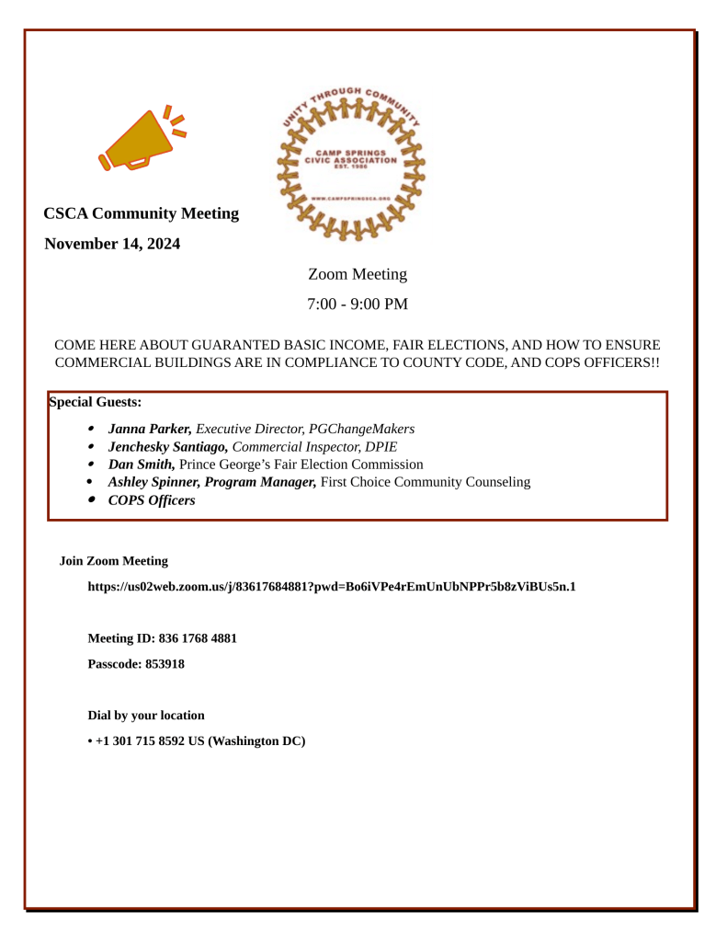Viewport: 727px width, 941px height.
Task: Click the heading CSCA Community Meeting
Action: pyautogui.click(x=142, y=213)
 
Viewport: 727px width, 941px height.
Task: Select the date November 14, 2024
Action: pyautogui.click(x=112, y=244)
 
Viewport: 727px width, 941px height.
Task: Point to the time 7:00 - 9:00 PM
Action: pyautogui.click(x=358, y=304)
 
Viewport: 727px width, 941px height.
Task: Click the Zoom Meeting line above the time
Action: pyautogui.click(x=358, y=274)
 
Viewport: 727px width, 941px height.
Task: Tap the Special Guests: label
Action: pyautogui.click(x=95, y=402)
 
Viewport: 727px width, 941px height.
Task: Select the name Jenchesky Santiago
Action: pyautogui.click(x=168, y=446)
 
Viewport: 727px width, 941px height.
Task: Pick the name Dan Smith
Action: pyautogui.click(x=141, y=465)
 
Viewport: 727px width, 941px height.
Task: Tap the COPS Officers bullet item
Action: pyautogui.click(x=152, y=500)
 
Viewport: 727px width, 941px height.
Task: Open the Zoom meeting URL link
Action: pyautogui.click(x=332, y=586)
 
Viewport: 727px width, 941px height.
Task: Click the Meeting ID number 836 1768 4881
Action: pyautogui.click(x=198, y=638)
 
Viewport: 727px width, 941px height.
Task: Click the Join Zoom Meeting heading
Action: pyautogui.click(x=114, y=560)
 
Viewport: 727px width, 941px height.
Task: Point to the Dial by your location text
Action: pyautogui.click(x=146, y=716)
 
